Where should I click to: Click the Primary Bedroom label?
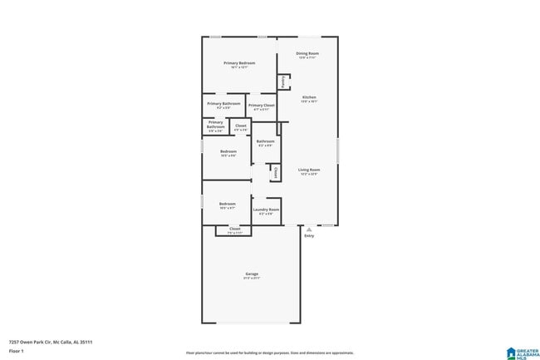pyautogui.click(x=239, y=63)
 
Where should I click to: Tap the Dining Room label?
pyautogui.click(x=308, y=53)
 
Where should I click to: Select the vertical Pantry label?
pyautogui.click(x=283, y=81)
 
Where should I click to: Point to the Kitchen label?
pyautogui.click(x=309, y=97)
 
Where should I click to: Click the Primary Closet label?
pyautogui.click(x=261, y=106)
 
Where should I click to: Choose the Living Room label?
pyautogui.click(x=309, y=170)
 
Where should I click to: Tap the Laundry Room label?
pyautogui.click(x=266, y=210)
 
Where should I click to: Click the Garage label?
pyautogui.click(x=251, y=274)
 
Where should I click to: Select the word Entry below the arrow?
pyautogui.click(x=309, y=236)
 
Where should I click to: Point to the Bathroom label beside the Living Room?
pyautogui.click(x=265, y=141)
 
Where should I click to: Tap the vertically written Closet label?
pyautogui.click(x=276, y=172)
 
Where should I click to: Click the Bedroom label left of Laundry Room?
pyautogui.click(x=228, y=204)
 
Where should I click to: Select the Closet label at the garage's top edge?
pyautogui.click(x=235, y=228)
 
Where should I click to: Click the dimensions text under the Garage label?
pyautogui.click(x=251, y=279)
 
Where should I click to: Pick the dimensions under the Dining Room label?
pyautogui.click(x=308, y=58)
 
